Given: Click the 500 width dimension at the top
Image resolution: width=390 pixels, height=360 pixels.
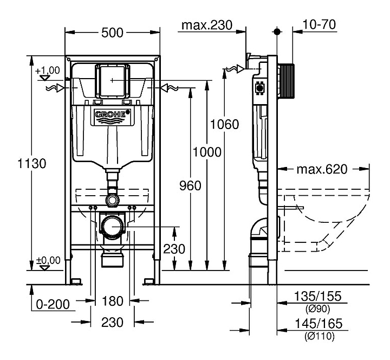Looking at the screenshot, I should (113, 33).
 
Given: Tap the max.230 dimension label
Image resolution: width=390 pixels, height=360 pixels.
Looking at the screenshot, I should (206, 25).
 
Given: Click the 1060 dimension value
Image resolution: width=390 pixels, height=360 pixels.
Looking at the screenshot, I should (224, 124).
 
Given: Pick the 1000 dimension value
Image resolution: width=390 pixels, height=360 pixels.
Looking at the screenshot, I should (206, 152).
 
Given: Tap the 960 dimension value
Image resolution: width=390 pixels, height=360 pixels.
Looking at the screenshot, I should (190, 185).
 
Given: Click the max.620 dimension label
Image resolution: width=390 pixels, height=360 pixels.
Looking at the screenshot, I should (321, 169).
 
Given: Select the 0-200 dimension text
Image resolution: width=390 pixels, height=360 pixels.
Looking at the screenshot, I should (53, 303).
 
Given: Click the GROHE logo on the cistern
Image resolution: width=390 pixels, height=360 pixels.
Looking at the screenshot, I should (112, 115).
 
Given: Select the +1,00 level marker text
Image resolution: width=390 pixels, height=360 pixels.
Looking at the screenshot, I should (47, 71).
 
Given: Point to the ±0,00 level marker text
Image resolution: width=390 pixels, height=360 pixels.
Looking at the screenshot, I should (47, 261).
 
